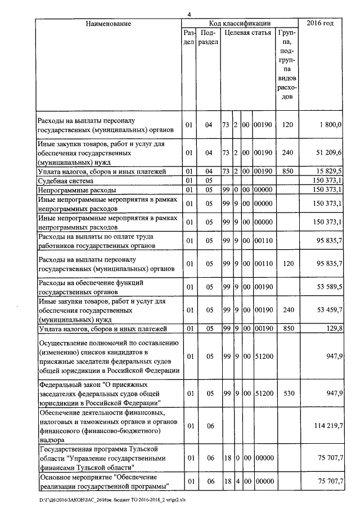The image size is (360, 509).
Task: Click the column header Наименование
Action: [109, 24]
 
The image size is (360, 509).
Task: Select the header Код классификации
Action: [240, 24]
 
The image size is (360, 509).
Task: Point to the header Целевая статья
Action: [247, 33]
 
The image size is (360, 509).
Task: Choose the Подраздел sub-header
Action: [208, 38]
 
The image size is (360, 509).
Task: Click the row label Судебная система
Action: [65, 181]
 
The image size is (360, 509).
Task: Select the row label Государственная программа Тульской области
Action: [101, 458]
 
